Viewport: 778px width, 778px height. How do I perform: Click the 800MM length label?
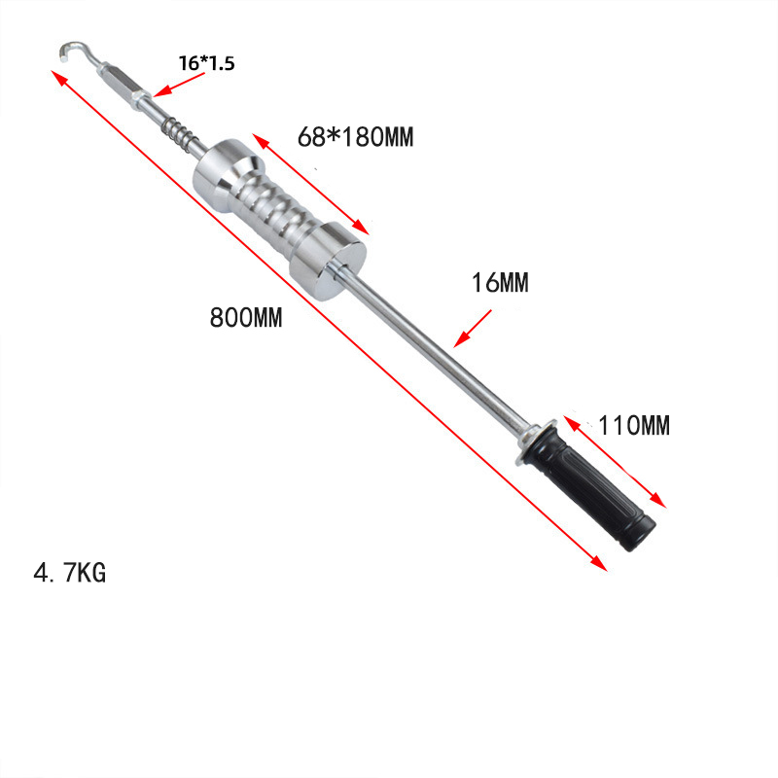[x=246, y=318]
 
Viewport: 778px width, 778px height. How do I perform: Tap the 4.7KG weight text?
[x=70, y=573]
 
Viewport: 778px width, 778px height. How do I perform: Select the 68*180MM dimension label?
[x=355, y=137]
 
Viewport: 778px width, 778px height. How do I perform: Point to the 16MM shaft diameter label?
[x=500, y=283]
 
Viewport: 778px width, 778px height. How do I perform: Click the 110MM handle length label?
[x=635, y=425]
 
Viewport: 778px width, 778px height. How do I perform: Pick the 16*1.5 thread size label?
[x=206, y=63]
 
